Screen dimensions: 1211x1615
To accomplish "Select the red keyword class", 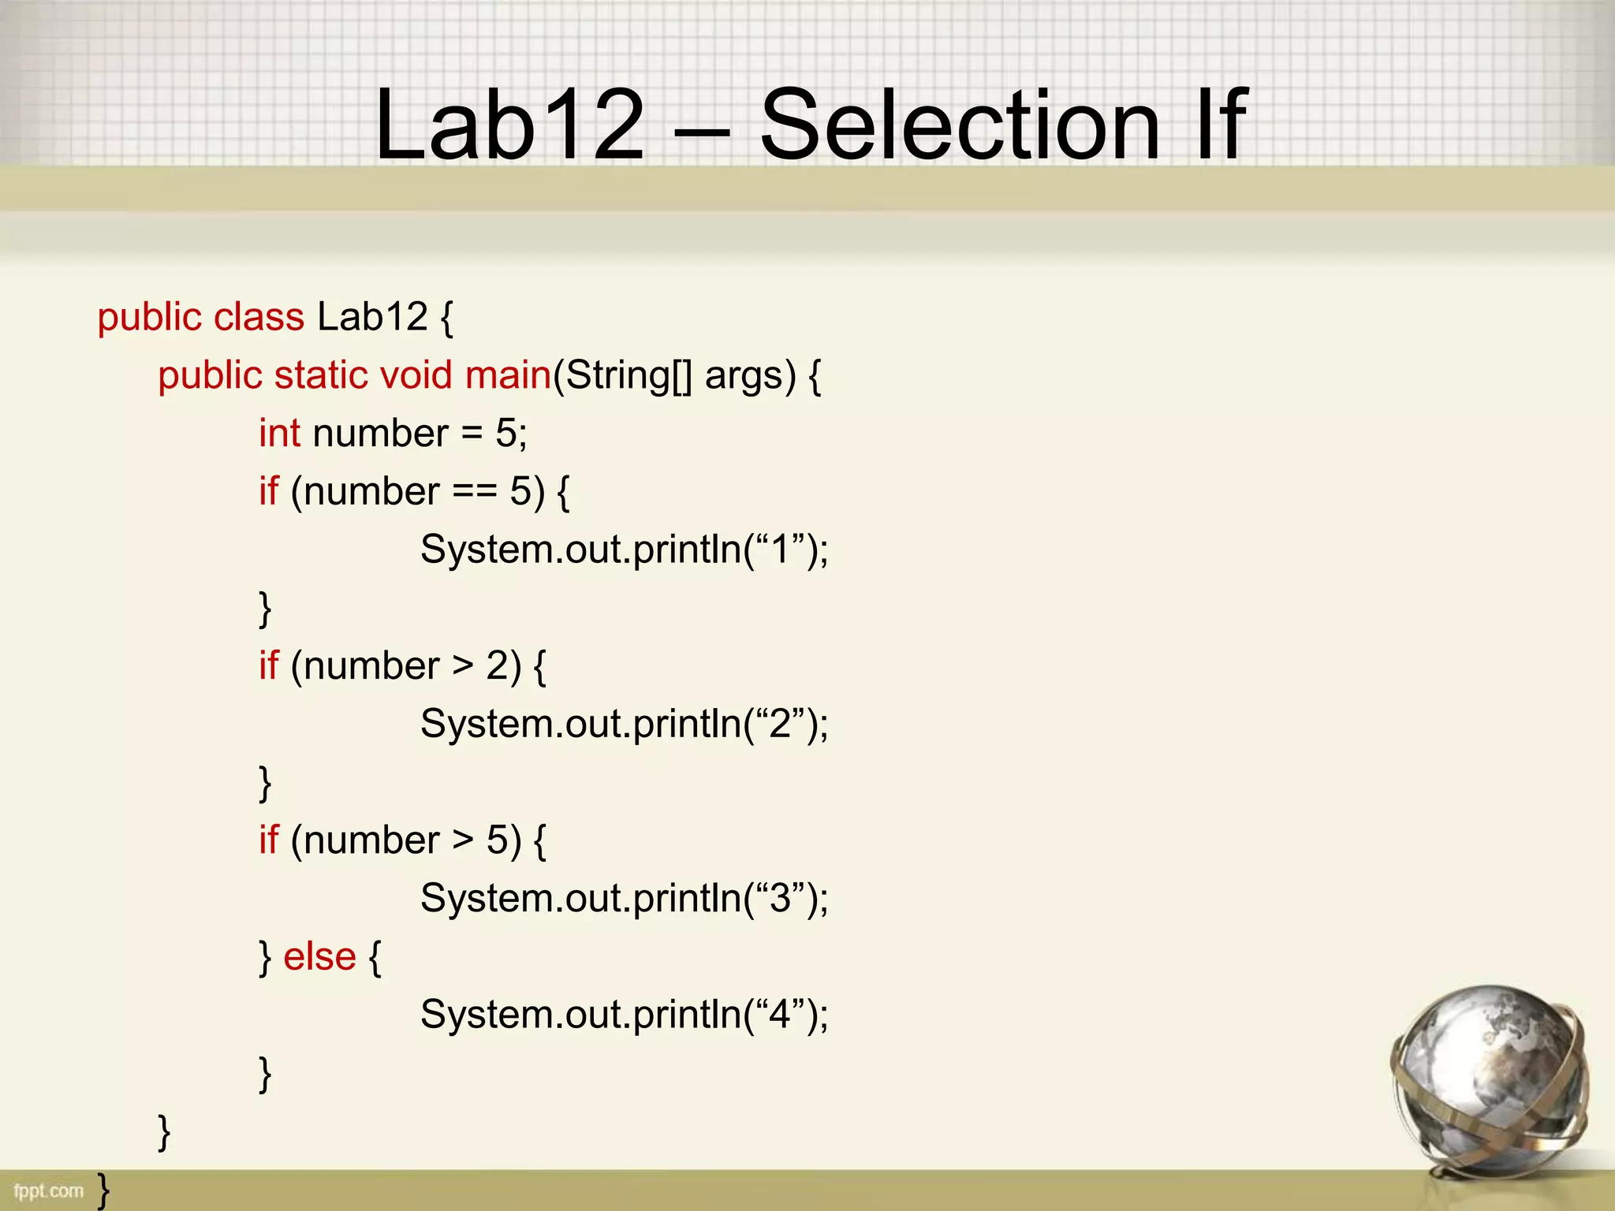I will coord(259,318).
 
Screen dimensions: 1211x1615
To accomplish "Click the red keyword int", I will coord(279,434).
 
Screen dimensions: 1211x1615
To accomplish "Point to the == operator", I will coord(475,492).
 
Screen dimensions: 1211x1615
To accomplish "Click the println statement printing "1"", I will coord(624,550).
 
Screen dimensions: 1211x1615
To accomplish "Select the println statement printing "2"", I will coord(624,724).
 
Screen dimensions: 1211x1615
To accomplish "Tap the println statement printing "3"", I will coord(624,899).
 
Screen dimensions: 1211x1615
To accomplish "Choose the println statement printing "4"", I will coord(624,1015).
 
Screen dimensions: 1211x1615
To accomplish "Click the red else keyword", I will coord(319,957).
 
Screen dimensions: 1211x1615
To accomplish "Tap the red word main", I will coord(507,375).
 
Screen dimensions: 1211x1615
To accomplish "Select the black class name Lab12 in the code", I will coord(372,318).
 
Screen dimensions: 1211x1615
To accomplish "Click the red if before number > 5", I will coord(268,840).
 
